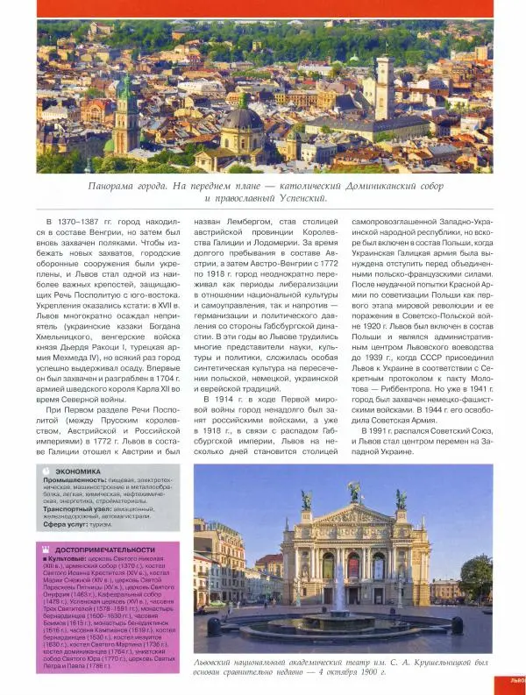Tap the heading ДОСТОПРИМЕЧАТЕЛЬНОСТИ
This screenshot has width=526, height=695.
103,550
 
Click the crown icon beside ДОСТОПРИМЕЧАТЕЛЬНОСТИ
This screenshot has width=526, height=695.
46,550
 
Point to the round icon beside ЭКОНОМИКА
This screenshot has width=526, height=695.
46,472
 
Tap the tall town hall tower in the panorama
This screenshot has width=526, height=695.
383,88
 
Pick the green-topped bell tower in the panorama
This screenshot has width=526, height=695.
124,101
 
